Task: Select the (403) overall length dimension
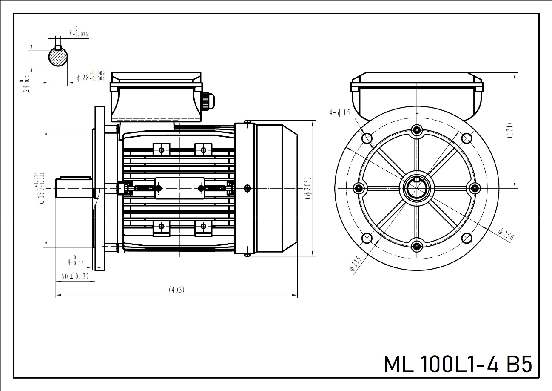(177, 290)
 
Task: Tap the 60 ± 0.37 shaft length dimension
(75, 276)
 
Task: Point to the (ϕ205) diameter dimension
(308, 188)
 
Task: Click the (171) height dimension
(509, 130)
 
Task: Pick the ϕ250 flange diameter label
(506, 234)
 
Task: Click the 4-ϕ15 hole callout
(339, 113)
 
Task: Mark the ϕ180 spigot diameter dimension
(41, 188)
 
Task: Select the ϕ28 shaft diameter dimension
(90, 77)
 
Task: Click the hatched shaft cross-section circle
(59, 56)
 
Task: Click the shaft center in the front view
(417, 187)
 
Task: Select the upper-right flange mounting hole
(467, 138)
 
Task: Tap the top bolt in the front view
(417, 129)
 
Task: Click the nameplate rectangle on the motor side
(179, 188)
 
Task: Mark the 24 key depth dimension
(26, 86)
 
